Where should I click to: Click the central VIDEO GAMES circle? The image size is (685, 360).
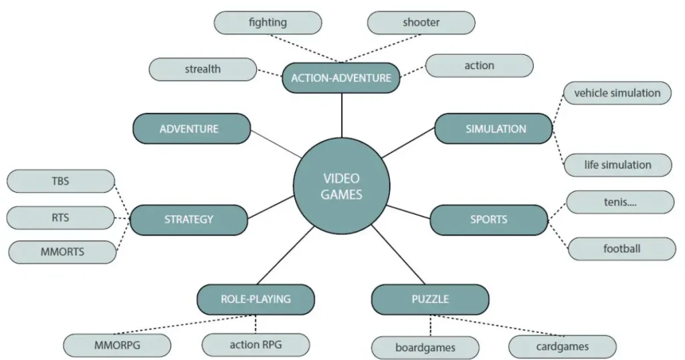click(x=342, y=186)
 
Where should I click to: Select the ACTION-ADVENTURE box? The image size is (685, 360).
click(x=341, y=78)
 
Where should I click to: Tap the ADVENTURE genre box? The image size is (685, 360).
click(x=192, y=128)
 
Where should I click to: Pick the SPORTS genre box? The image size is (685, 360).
click(x=488, y=219)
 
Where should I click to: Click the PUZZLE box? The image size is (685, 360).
click(x=430, y=299)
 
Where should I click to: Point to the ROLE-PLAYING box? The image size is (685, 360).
click(x=256, y=299)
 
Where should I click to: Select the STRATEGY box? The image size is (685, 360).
click(x=189, y=219)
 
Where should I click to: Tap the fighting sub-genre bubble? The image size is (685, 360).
click(x=268, y=23)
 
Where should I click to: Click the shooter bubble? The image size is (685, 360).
click(x=421, y=23)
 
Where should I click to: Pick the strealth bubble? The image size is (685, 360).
click(x=203, y=69)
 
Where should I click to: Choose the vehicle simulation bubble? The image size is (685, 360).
click(x=617, y=94)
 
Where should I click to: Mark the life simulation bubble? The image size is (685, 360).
click(x=617, y=165)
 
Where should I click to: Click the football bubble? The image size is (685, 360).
click(x=621, y=249)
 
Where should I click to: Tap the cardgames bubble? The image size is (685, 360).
click(x=563, y=347)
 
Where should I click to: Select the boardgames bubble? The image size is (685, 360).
click(x=425, y=348)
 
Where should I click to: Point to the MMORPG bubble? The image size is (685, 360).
click(x=117, y=346)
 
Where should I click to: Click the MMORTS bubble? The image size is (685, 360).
click(x=62, y=252)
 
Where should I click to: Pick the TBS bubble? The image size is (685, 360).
click(x=60, y=181)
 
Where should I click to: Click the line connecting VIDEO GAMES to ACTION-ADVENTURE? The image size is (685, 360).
click(x=342, y=114)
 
